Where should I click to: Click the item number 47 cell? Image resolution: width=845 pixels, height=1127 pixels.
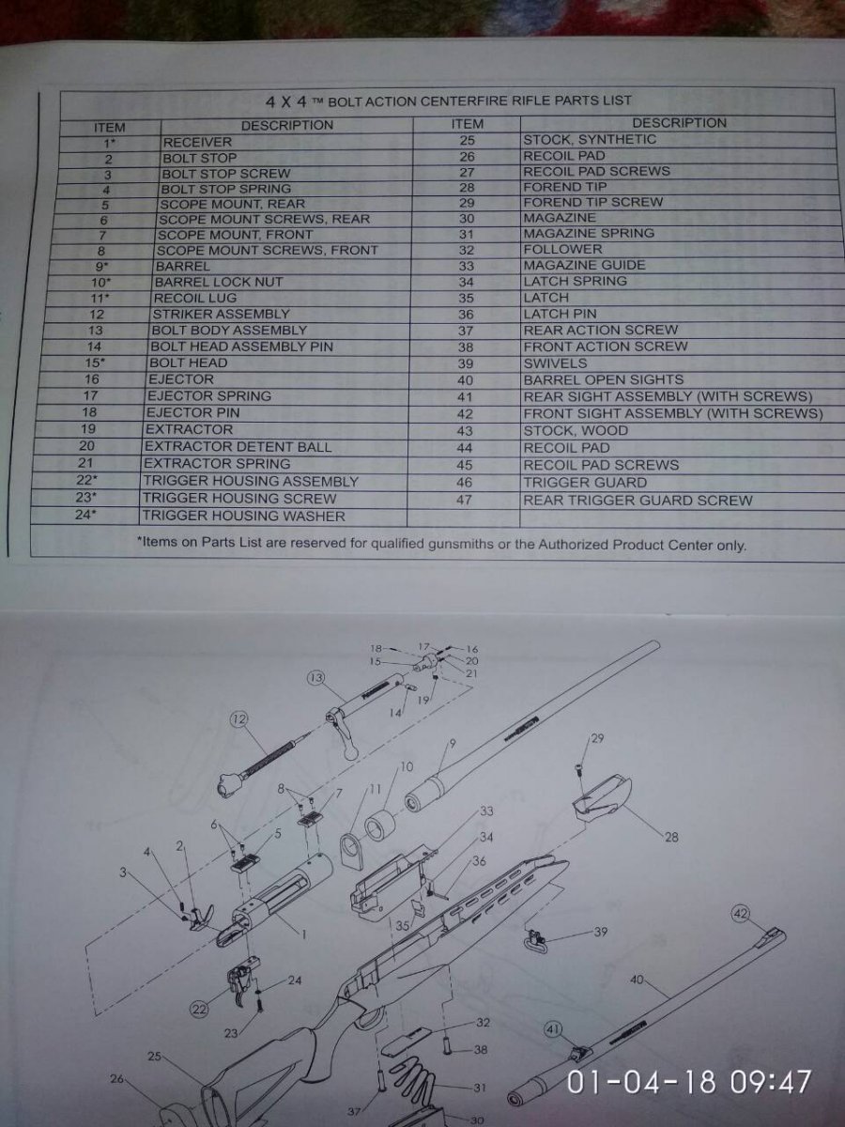[464, 500]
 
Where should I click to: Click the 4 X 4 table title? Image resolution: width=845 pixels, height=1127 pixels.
[448, 101]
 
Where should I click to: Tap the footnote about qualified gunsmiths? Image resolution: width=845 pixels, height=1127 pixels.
[441, 543]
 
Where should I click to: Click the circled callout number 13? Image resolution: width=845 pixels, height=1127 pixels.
[315, 678]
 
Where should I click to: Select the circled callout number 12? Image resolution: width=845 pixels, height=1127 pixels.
[238, 719]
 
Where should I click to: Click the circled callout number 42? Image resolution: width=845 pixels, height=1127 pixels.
[741, 913]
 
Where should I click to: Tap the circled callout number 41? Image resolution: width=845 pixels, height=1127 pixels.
[553, 1028]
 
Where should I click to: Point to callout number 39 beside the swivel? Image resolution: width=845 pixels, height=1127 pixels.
[600, 931]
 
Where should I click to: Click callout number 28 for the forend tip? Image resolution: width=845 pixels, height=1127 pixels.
[671, 837]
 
